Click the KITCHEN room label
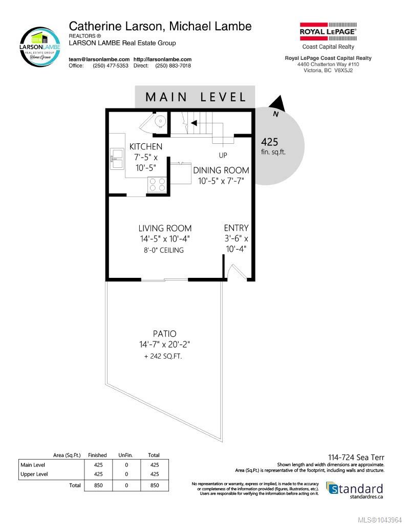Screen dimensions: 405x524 (x=146, y=146)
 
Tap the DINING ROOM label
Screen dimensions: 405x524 (x=221, y=170)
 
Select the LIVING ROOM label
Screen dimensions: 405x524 (x=165, y=228)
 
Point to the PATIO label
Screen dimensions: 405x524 (x=164, y=334)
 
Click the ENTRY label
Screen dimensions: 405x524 (x=236, y=228)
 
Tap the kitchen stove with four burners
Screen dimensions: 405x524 (x=157, y=184)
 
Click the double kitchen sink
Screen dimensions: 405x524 (x=117, y=159)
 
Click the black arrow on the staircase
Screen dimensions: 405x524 (x=194, y=123)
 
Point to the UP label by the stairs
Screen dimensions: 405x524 (x=223, y=155)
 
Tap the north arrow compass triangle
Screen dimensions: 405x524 (x=278, y=103)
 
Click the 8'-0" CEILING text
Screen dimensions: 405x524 (x=164, y=250)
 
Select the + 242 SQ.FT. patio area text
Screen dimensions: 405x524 (x=163, y=356)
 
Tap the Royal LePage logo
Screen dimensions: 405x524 (x=328, y=31)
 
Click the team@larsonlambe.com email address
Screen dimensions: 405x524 (x=99, y=59)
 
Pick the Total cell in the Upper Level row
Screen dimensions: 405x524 (x=155, y=474)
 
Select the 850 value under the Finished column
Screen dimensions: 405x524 (x=98, y=485)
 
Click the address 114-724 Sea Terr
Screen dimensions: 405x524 (x=356, y=457)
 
